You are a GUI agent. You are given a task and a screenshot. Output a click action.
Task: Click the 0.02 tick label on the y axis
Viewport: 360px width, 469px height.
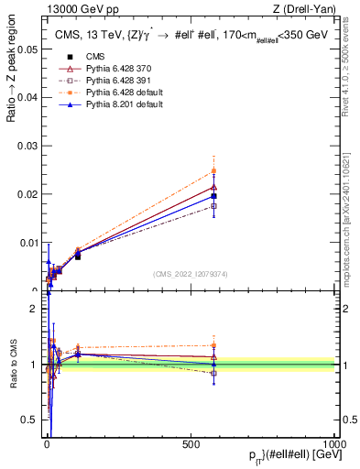coord(27,194)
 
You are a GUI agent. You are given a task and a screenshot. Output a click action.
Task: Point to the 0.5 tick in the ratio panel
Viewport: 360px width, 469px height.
coord(29,420)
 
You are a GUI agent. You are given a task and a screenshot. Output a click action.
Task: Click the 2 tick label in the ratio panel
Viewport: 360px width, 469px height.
coord(34,309)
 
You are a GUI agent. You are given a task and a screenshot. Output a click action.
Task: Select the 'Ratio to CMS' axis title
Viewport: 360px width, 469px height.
coord(13,365)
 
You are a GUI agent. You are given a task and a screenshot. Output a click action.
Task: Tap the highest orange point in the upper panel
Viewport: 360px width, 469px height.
coord(213,170)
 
